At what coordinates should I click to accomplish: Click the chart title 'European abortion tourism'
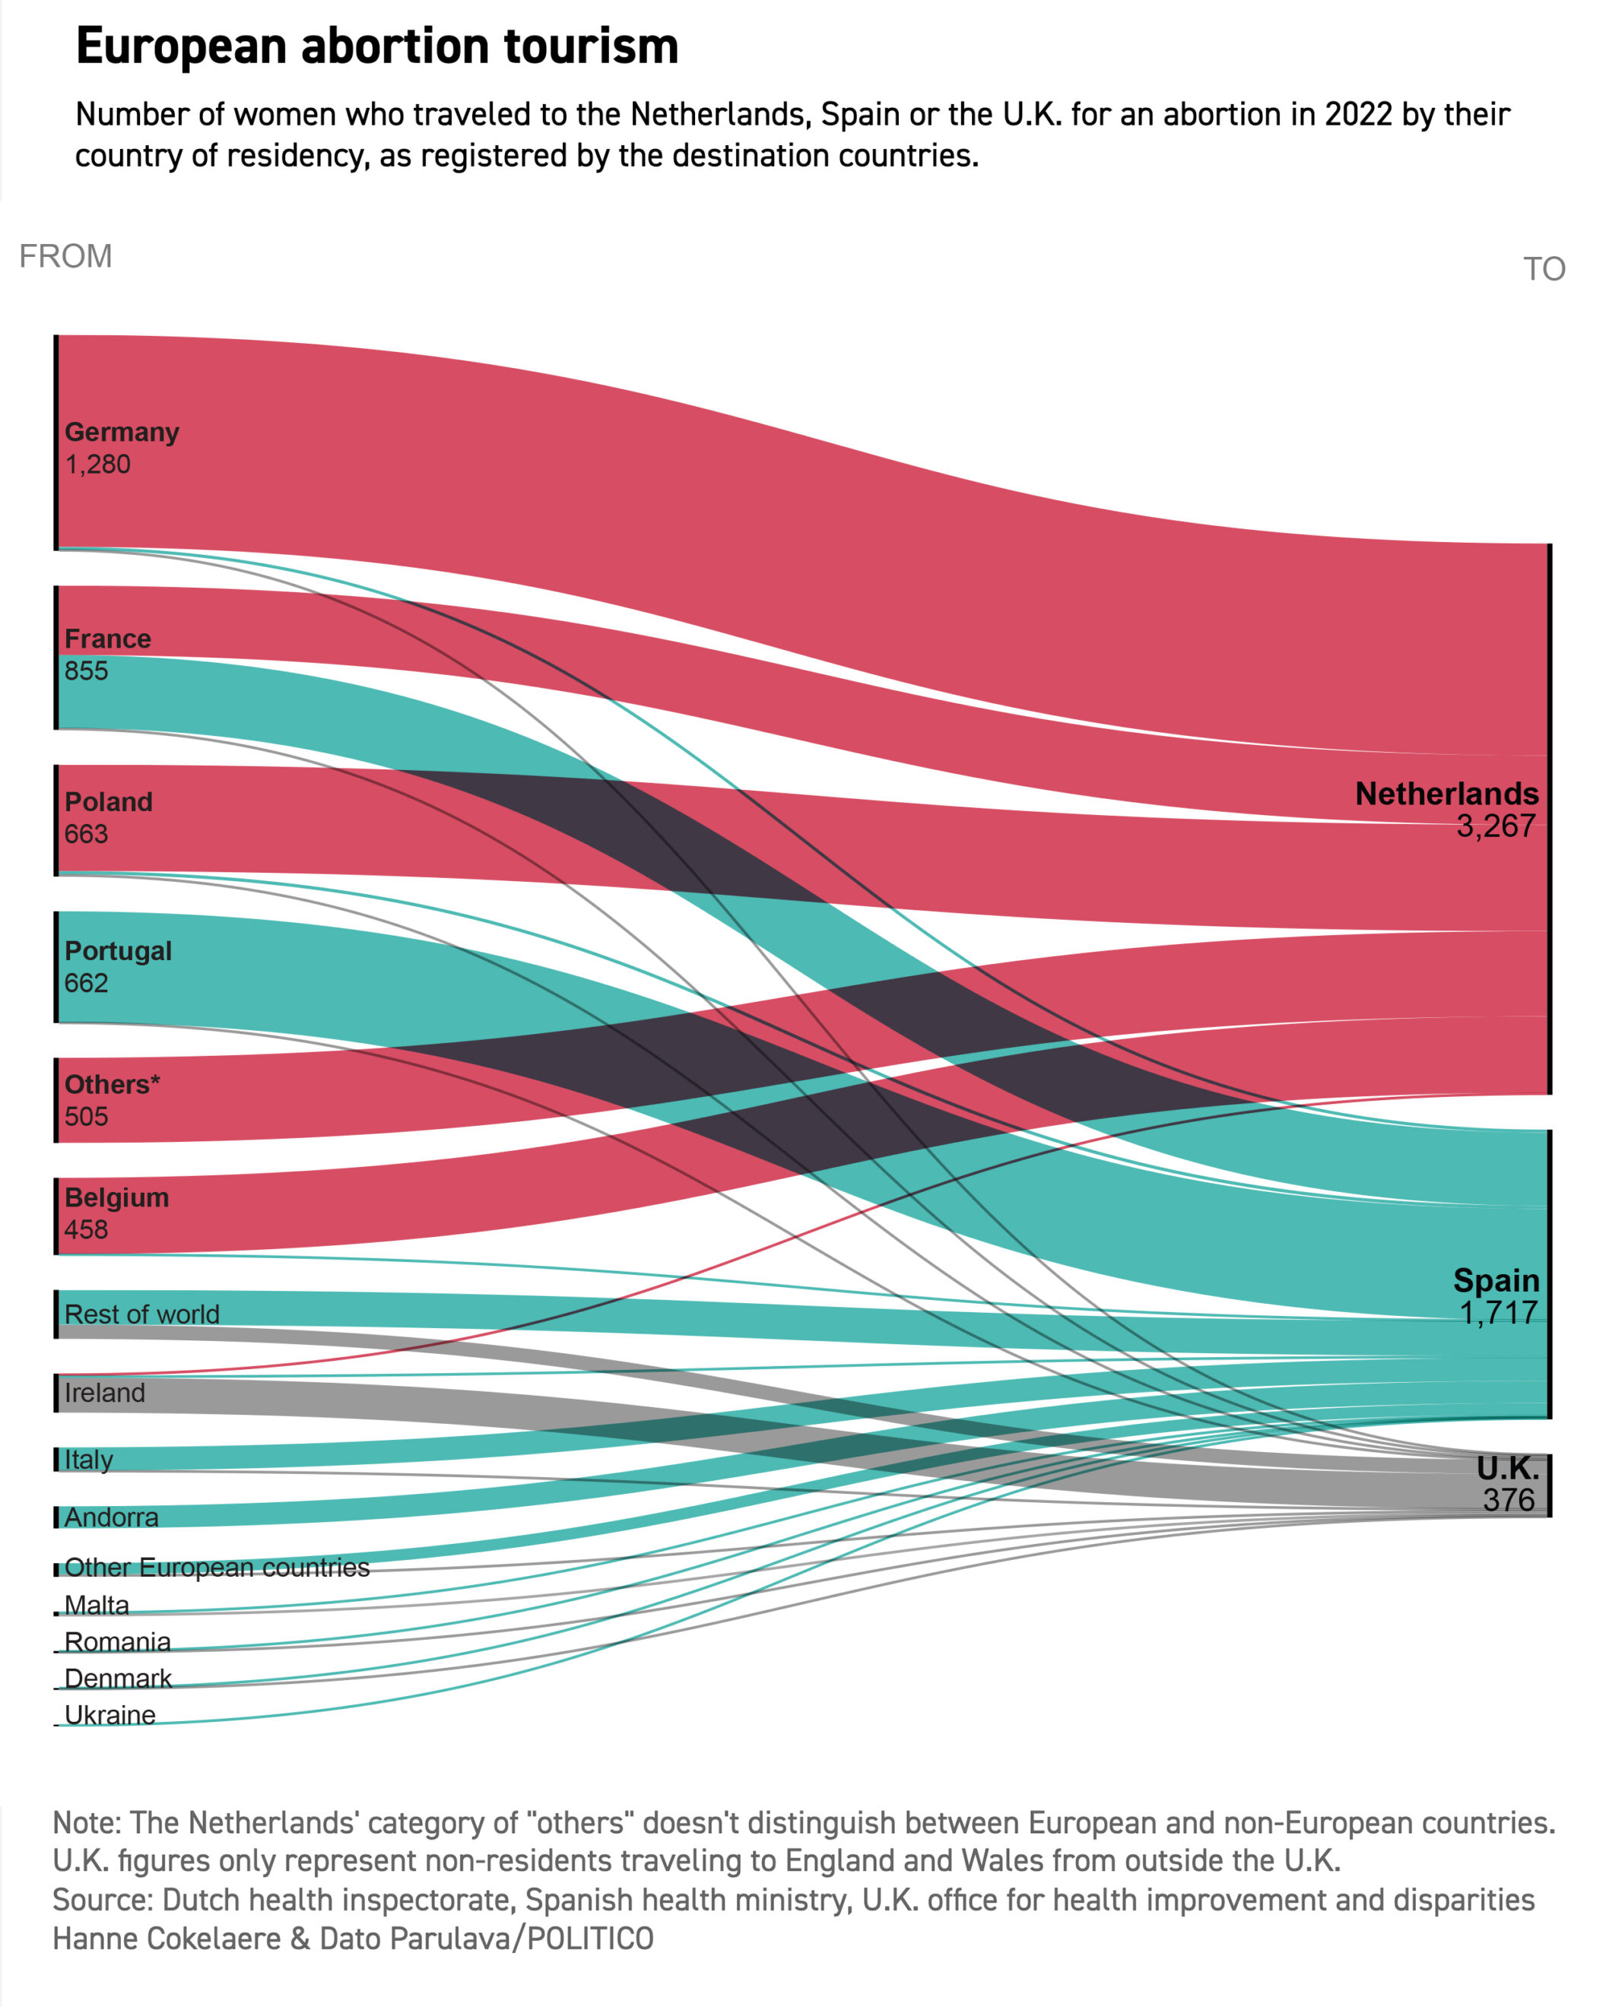coord(377,46)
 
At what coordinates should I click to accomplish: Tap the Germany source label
coord(121,432)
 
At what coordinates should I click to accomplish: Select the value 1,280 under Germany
coord(98,464)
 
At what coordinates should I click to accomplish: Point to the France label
coord(107,639)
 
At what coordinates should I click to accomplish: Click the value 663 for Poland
coord(86,833)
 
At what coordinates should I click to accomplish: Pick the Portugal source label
coord(117,950)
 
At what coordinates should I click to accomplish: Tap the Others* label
coord(112,1085)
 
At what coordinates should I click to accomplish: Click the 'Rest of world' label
coord(141,1314)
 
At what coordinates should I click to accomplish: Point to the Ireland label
coord(104,1393)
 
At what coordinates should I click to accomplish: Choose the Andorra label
coord(111,1517)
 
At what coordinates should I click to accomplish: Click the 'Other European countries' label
coord(216,1568)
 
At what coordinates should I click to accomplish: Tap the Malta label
coord(96,1605)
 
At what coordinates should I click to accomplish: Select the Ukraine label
coord(109,1715)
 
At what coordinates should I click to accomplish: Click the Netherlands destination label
coord(1446,793)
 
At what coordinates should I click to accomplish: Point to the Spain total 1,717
coord(1498,1313)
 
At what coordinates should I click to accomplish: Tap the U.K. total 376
coord(1508,1500)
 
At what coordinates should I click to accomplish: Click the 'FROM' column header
coord(65,256)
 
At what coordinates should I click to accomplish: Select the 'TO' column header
coord(1544,269)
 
